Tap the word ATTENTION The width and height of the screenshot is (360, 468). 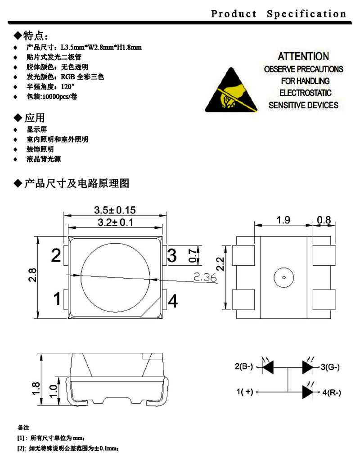[x=303, y=57]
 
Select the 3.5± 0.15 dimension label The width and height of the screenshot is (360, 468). [x=115, y=210]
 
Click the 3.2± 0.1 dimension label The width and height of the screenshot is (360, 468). [x=115, y=223]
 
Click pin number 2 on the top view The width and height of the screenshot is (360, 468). [x=56, y=256]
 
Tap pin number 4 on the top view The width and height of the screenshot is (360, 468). [x=173, y=300]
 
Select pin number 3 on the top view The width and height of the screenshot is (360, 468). [x=172, y=256]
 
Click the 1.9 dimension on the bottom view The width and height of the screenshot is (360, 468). [x=283, y=220]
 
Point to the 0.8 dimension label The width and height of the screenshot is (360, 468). [x=324, y=220]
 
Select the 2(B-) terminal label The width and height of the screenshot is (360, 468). [x=244, y=367]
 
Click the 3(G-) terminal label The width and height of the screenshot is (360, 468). [x=330, y=367]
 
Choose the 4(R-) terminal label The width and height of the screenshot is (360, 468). [x=331, y=392]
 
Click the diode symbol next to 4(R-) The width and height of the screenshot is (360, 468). [x=308, y=392]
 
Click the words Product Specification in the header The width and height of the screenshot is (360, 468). [x=279, y=14]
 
